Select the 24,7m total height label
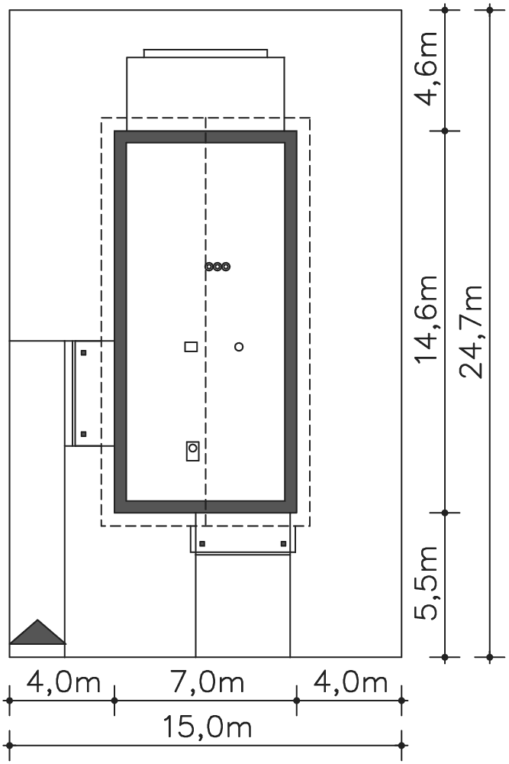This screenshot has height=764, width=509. click(x=471, y=332)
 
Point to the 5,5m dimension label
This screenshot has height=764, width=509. click(x=427, y=583)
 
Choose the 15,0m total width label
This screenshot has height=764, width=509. click(x=206, y=727)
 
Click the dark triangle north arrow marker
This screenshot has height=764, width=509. click(x=38, y=632)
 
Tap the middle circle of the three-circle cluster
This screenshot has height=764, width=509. click(x=217, y=267)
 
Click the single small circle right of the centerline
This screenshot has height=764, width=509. click(x=239, y=347)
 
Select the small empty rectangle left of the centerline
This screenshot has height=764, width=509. click(x=192, y=346)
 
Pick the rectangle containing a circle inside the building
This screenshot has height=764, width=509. click(x=193, y=451)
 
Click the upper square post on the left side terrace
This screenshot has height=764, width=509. click(x=84, y=353)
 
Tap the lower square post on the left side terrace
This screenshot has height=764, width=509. click(x=84, y=434)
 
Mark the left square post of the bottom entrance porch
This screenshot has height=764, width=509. click(x=202, y=544)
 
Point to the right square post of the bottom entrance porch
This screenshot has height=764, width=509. click(x=284, y=544)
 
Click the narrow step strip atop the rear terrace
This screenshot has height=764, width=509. click(x=205, y=53)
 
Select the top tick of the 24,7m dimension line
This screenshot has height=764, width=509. click(x=490, y=9)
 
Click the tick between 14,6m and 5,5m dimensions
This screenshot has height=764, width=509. click(x=445, y=513)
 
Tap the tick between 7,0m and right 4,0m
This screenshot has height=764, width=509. click(x=297, y=701)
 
